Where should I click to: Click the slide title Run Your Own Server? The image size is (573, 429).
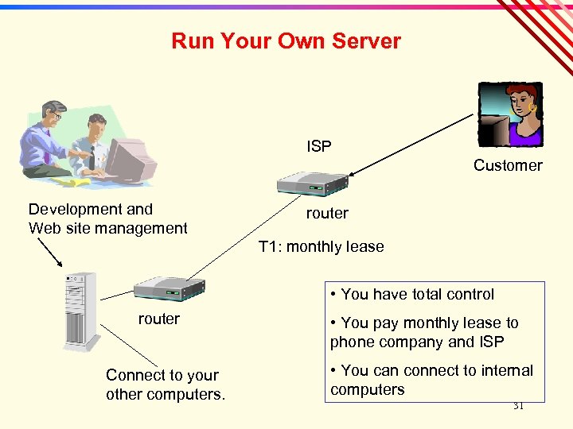click(x=286, y=41)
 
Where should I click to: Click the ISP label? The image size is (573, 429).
click(x=319, y=146)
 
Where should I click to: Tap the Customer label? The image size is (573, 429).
click(x=508, y=165)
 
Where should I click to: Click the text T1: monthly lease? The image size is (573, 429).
click(x=322, y=246)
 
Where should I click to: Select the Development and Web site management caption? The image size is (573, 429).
click(x=107, y=218)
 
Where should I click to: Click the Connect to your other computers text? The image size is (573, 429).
click(x=166, y=385)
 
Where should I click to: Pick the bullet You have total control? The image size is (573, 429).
click(x=411, y=294)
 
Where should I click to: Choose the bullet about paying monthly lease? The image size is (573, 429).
click(x=424, y=332)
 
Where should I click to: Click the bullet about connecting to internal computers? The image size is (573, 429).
click(x=431, y=380)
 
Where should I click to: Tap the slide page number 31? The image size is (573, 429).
click(x=518, y=405)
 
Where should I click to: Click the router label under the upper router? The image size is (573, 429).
click(x=327, y=213)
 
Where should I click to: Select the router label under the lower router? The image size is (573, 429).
click(x=159, y=319)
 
